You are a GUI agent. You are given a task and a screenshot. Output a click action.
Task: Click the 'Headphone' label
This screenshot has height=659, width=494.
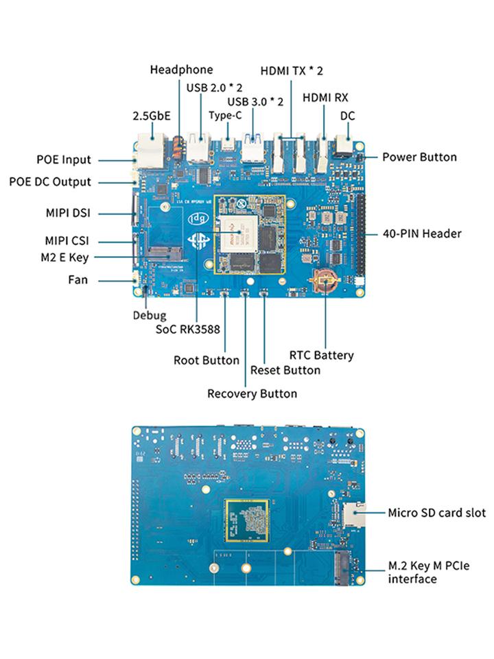click(181, 69)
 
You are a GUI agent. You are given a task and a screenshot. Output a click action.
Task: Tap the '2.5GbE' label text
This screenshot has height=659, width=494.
click(151, 116)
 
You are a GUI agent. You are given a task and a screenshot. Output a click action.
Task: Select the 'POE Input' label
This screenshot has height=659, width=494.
click(63, 160)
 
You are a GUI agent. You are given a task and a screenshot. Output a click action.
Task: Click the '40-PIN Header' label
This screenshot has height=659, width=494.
click(422, 233)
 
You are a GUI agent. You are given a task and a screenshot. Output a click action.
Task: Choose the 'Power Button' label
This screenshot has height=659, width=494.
click(419, 157)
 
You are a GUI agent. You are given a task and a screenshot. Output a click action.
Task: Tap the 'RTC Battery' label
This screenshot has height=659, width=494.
click(321, 355)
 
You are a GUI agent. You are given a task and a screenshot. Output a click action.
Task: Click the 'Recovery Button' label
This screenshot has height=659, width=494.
click(252, 393)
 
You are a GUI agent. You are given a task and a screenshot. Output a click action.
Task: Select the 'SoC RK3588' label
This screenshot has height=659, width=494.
click(187, 329)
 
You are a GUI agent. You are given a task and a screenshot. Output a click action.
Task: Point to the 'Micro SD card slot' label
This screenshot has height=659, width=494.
click(436, 512)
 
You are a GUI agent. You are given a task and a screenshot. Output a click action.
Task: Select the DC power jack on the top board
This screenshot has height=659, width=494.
click(343, 146)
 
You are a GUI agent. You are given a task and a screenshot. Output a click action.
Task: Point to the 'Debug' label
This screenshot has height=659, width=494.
click(149, 316)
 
